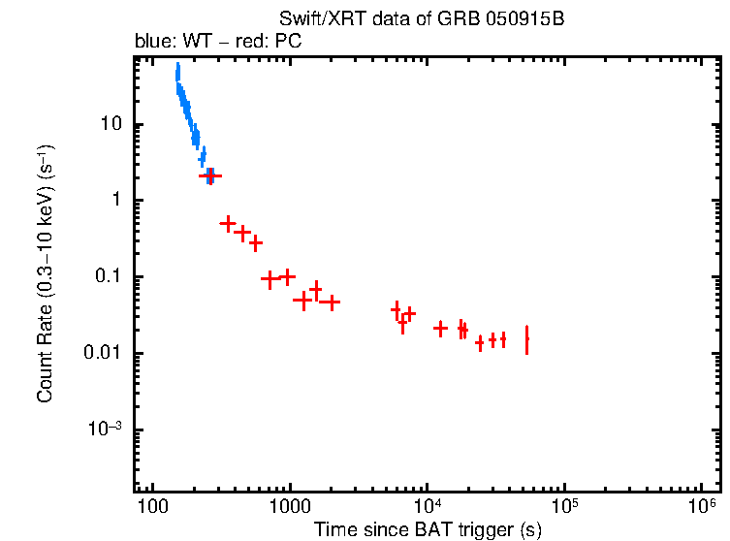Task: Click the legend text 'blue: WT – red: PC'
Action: [x=216, y=43]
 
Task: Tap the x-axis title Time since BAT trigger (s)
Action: [x=427, y=529]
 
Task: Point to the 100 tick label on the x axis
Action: [x=151, y=507]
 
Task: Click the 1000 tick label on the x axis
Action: [x=289, y=507]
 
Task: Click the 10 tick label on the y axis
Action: [x=111, y=124]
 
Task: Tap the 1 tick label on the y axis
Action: [x=116, y=201]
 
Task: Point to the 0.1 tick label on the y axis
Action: [x=108, y=277]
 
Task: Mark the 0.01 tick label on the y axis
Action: [x=104, y=354]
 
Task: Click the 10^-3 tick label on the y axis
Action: [x=107, y=430]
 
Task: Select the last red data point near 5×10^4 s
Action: [x=526, y=340]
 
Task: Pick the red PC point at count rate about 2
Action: [x=210, y=175]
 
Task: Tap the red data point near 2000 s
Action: [x=330, y=302]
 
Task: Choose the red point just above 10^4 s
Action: [x=440, y=329]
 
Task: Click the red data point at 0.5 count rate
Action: [x=228, y=223]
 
